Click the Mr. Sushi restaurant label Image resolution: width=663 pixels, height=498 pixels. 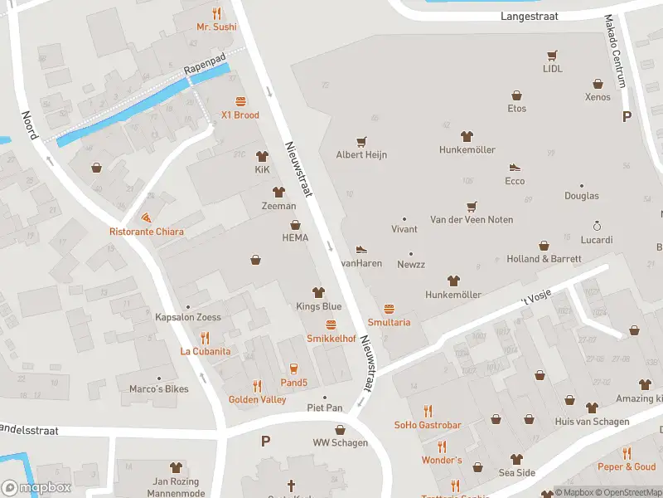coord(216,27)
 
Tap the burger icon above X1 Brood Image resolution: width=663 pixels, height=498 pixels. coord(240,101)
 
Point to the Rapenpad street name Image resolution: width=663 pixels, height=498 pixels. coord(204,63)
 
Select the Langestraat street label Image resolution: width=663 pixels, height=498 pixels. coord(530,16)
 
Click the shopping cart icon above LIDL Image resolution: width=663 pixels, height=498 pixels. coord(552,56)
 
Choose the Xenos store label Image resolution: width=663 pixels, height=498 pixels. coord(597,97)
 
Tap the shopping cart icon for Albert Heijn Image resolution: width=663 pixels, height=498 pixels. coord(361,142)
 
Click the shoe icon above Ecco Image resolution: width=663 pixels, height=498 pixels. coord(515,168)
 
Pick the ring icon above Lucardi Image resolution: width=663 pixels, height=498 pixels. coord(596,226)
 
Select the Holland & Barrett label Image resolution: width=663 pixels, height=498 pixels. coord(544,259)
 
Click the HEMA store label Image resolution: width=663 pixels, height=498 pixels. coord(295,237)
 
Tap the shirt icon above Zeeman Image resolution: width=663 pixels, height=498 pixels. coord(278,192)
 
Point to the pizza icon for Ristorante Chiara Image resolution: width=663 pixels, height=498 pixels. coord(147,217)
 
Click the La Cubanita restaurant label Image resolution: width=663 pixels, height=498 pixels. coord(206,351)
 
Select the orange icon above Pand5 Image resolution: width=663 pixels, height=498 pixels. coord(293,369)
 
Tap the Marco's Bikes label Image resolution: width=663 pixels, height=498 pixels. coord(158,388)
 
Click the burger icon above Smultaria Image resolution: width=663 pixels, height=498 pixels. coord(389,309)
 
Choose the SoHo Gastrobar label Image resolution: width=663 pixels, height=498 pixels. coord(428,425)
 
